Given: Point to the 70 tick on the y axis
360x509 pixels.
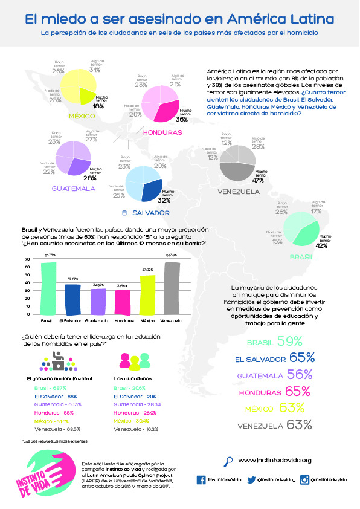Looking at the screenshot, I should point(27,259).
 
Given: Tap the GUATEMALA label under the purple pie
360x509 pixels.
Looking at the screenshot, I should point(73,189).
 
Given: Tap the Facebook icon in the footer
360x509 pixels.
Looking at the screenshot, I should point(201,479).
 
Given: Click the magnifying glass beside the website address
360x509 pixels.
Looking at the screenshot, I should point(228,461).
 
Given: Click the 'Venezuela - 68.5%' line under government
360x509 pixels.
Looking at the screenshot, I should point(57,428).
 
